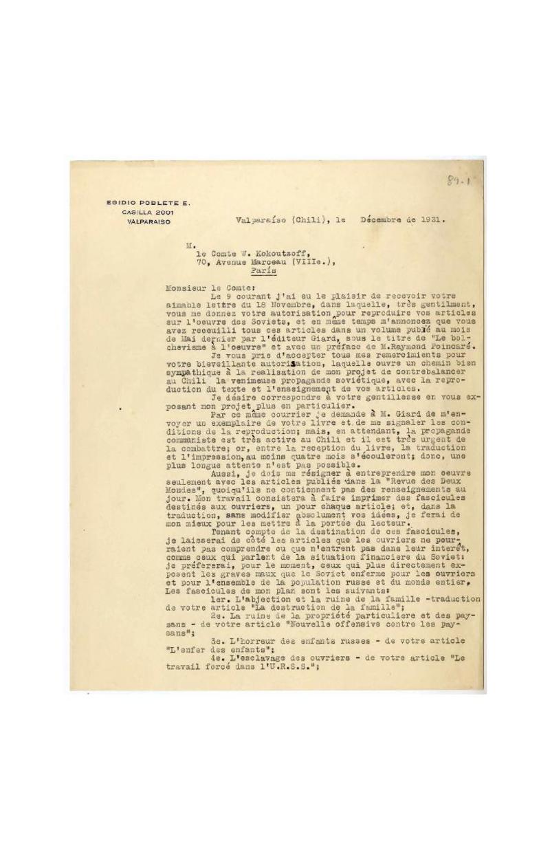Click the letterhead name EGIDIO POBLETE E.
point(148,203)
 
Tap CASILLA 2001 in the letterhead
point(149,212)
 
